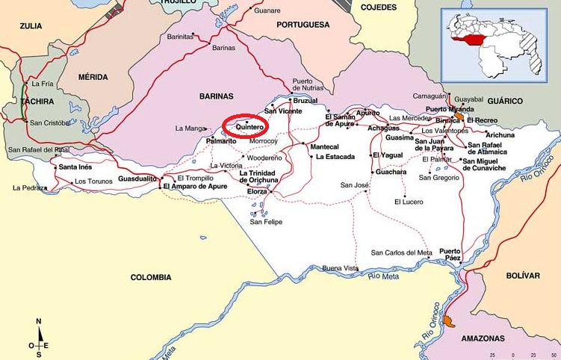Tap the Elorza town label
coord(256,191)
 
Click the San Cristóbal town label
coord(49,122)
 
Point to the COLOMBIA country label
coord(151,277)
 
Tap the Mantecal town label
coord(323,147)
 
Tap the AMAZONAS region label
coord(483,338)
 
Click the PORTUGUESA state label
coord(303,25)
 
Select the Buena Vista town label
coord(340,267)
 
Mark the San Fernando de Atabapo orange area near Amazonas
coord(448,320)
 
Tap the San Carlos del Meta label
coord(401,252)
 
